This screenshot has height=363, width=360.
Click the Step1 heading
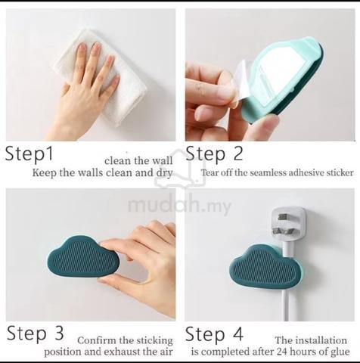coord(29,153)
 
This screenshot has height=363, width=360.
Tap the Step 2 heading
coord(214,153)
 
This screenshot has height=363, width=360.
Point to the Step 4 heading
coord(214,334)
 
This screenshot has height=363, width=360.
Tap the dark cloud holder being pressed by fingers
coord(82,257)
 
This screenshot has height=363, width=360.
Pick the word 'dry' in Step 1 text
coord(164,173)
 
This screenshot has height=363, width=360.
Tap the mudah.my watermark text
coord(179,206)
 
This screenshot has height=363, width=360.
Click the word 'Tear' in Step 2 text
coord(209,172)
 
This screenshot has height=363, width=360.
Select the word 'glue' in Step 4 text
coord(340,352)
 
